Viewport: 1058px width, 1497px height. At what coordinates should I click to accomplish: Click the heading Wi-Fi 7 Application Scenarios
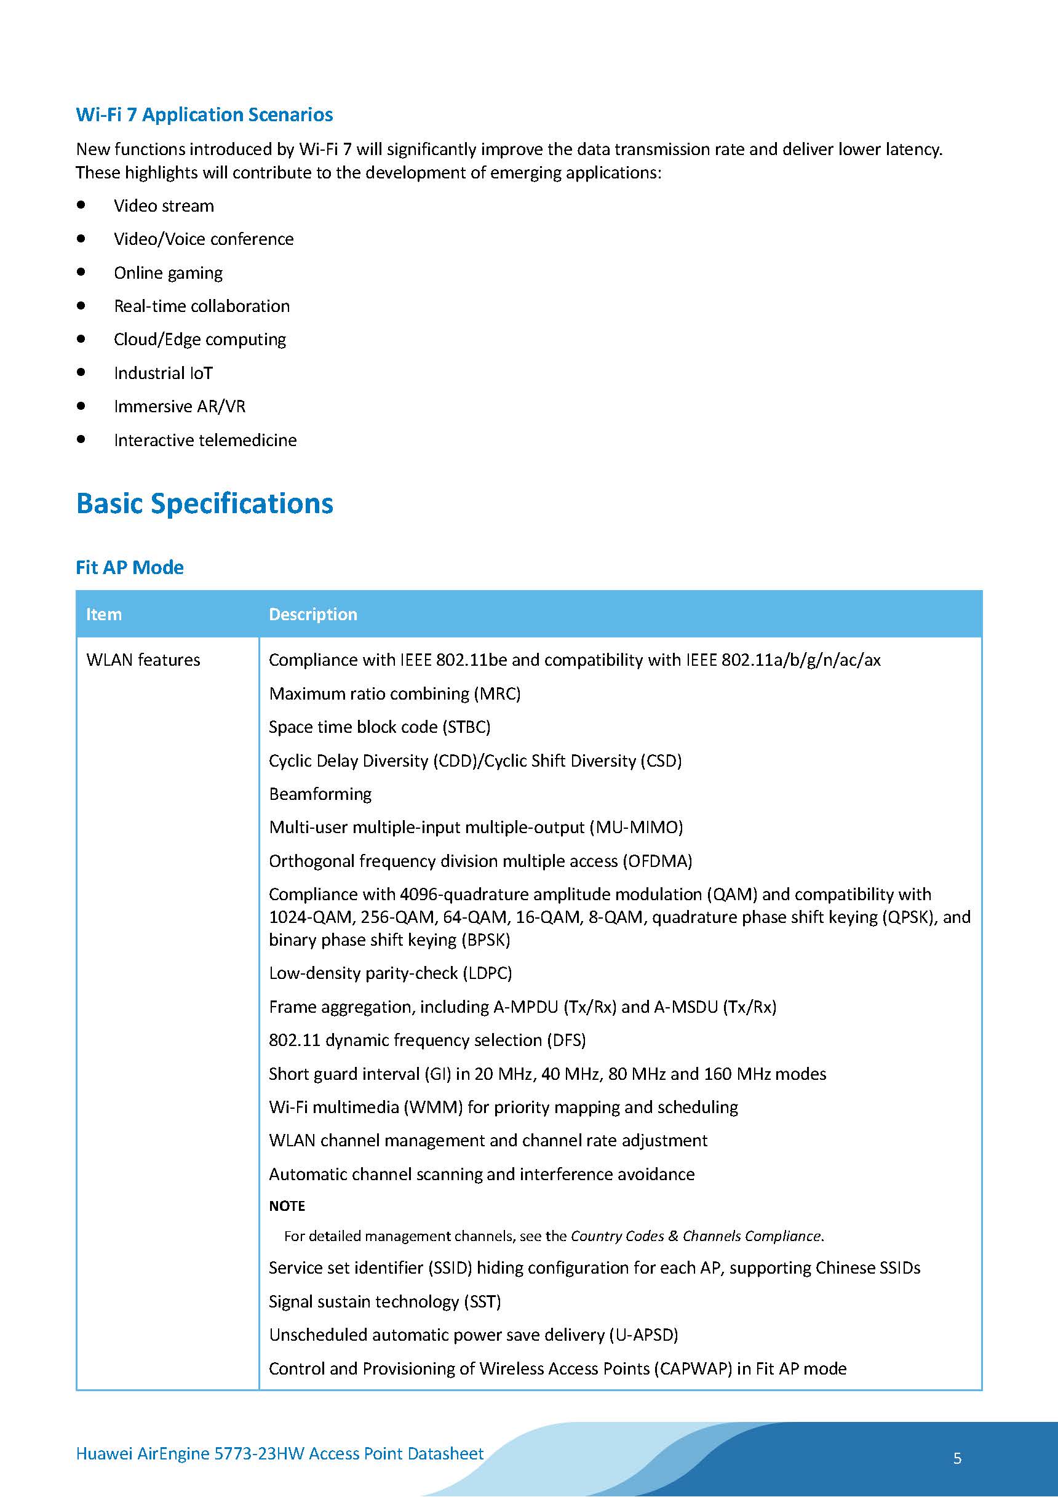coord(204,115)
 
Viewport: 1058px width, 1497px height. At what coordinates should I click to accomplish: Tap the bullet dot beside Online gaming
coord(81,272)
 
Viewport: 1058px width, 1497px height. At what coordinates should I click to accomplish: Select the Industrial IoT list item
coord(163,373)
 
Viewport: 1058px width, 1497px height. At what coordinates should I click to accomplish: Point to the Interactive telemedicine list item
coord(205,440)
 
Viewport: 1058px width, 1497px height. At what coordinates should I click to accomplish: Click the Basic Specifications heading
coord(204,503)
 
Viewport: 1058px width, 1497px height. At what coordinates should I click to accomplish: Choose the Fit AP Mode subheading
coord(130,567)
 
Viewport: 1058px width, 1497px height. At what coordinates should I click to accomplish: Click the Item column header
coord(104,614)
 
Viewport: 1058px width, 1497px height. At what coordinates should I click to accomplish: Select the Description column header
coord(313,614)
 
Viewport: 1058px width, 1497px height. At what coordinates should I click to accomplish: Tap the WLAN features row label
coord(143,660)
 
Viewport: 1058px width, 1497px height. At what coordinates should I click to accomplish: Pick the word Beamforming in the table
coord(320,794)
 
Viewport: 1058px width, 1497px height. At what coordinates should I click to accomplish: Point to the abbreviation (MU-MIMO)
coord(636,828)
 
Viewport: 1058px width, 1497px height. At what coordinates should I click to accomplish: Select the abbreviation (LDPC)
coord(488,973)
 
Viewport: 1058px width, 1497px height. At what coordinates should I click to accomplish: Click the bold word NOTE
coord(287,1206)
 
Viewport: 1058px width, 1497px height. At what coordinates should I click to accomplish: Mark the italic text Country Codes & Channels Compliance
coord(696,1236)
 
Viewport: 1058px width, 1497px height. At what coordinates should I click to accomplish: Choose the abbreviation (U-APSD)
coord(643,1335)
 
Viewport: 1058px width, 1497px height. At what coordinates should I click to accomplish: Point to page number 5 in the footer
coord(957,1458)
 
